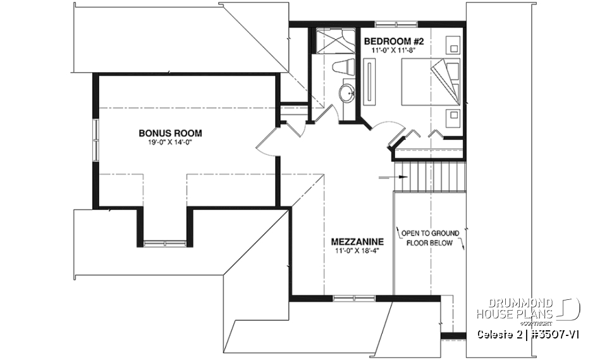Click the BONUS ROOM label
click(170, 133)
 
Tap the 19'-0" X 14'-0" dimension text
click(170, 142)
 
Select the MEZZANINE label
click(358, 242)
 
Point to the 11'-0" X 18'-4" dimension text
click(358, 251)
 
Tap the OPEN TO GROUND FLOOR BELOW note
click(430, 238)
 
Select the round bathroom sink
click(347, 95)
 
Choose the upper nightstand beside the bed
click(452, 44)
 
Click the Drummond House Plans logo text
click(515, 308)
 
